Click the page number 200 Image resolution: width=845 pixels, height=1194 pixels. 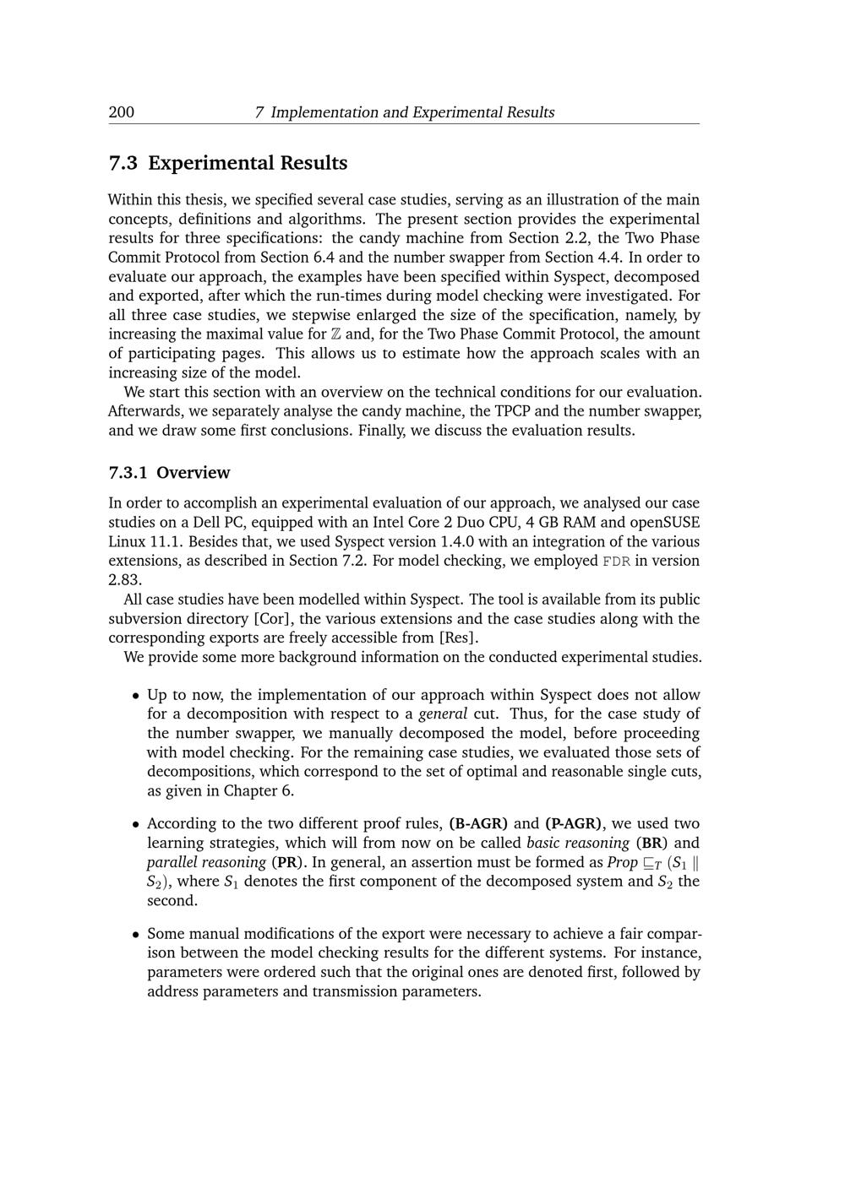coord(121,112)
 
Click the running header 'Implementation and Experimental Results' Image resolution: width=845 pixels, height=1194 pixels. coord(412,112)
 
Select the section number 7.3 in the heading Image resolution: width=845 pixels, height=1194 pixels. coord(123,163)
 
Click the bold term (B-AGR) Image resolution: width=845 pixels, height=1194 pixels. coord(478,824)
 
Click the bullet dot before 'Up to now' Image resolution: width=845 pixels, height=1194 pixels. coord(135,696)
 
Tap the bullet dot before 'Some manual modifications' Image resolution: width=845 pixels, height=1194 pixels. coord(135,935)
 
